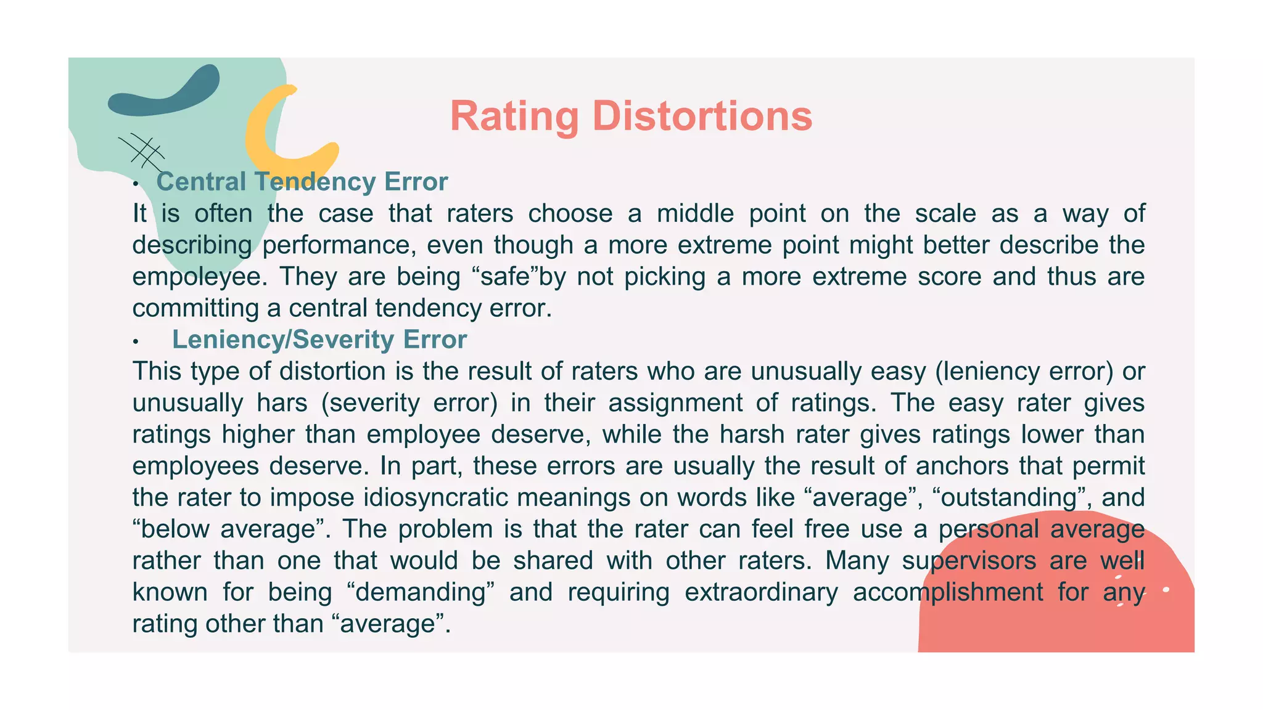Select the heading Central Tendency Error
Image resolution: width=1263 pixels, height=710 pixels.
click(302, 182)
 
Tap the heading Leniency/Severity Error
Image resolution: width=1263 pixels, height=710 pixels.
click(319, 340)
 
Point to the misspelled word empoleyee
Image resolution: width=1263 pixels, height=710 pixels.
click(200, 277)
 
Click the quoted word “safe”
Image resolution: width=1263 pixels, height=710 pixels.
click(505, 276)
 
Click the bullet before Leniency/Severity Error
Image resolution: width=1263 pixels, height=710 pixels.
click(135, 341)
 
